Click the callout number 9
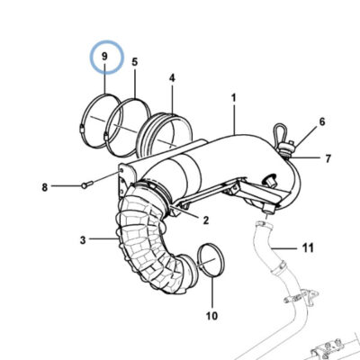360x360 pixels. coord(104,57)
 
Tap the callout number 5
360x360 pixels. coord(135,62)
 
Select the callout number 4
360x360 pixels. coord(172,78)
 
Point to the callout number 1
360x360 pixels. coord(234,98)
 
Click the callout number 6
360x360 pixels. coord(322,121)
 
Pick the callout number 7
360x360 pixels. coord(328,158)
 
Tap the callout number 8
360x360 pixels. coord(45,188)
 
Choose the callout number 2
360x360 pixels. coord(205,220)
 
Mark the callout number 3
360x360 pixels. coord(83,240)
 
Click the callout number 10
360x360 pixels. coord(211,316)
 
